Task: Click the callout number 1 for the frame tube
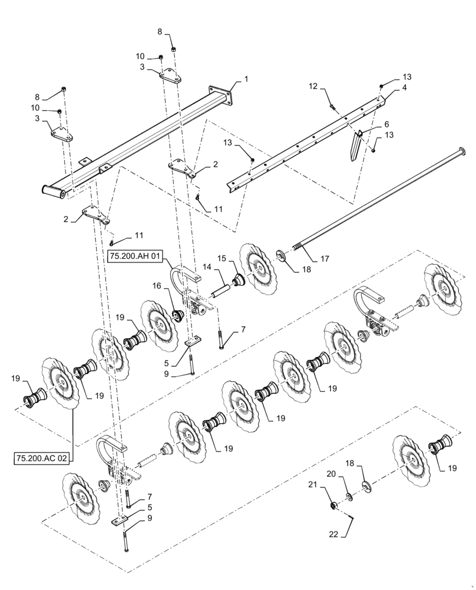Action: [246, 78]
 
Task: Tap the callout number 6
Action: [386, 125]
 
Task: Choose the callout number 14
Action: [206, 267]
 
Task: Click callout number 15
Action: [222, 258]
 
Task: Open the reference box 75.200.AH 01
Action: [134, 256]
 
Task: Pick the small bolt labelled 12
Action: [333, 108]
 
